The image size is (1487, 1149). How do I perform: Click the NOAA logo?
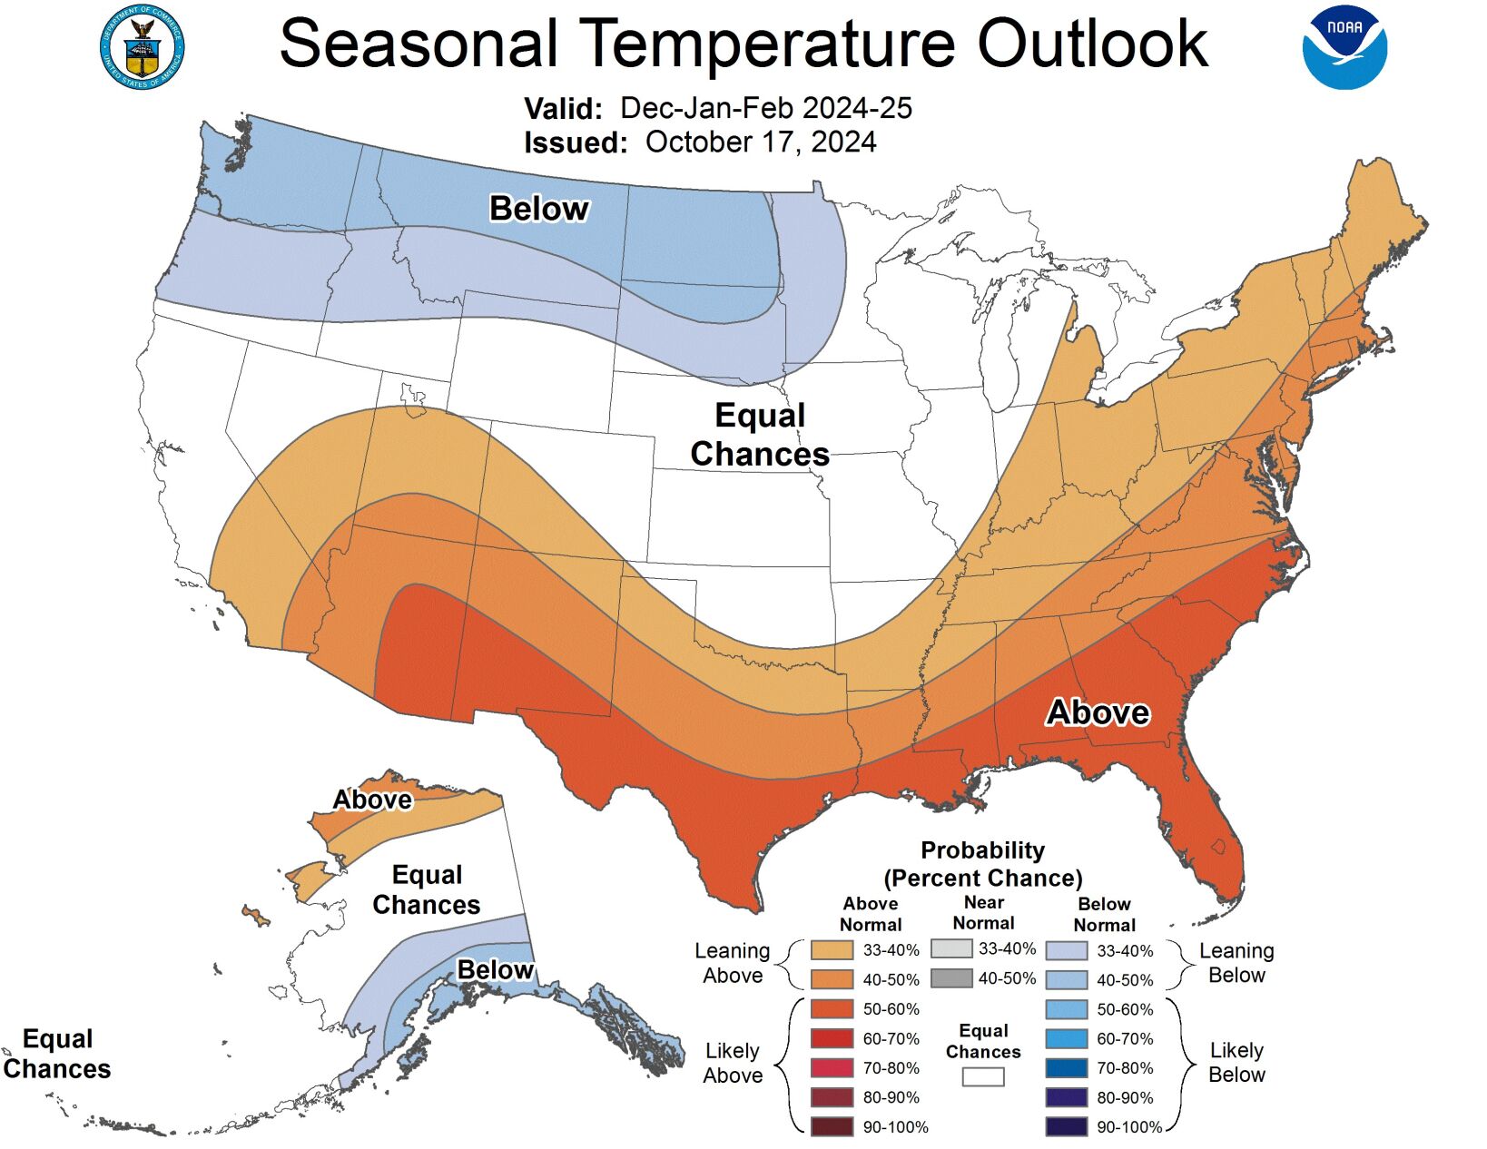coord(1344,47)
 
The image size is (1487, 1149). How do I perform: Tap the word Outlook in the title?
coord(1092,43)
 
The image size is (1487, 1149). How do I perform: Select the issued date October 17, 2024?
coord(761,142)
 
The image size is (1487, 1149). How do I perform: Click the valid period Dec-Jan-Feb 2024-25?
coord(765,108)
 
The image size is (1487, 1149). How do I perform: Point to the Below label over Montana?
coord(539,209)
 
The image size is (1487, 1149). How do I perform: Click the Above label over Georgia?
coord(1098,712)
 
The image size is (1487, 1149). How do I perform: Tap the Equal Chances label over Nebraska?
coord(760,435)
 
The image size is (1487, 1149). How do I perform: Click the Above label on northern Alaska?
coord(372,800)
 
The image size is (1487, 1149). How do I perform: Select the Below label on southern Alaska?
coord(495,970)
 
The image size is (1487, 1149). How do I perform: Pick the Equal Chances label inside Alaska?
coord(427,889)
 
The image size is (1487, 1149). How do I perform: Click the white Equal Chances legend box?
coord(983,1076)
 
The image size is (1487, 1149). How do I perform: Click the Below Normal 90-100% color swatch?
coord(1066,1127)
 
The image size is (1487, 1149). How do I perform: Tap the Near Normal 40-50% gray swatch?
coord(950,978)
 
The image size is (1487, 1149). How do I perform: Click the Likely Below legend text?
coord(1236,1062)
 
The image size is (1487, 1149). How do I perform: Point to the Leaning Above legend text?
coord(733,963)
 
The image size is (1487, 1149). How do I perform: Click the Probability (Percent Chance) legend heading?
coord(983,864)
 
